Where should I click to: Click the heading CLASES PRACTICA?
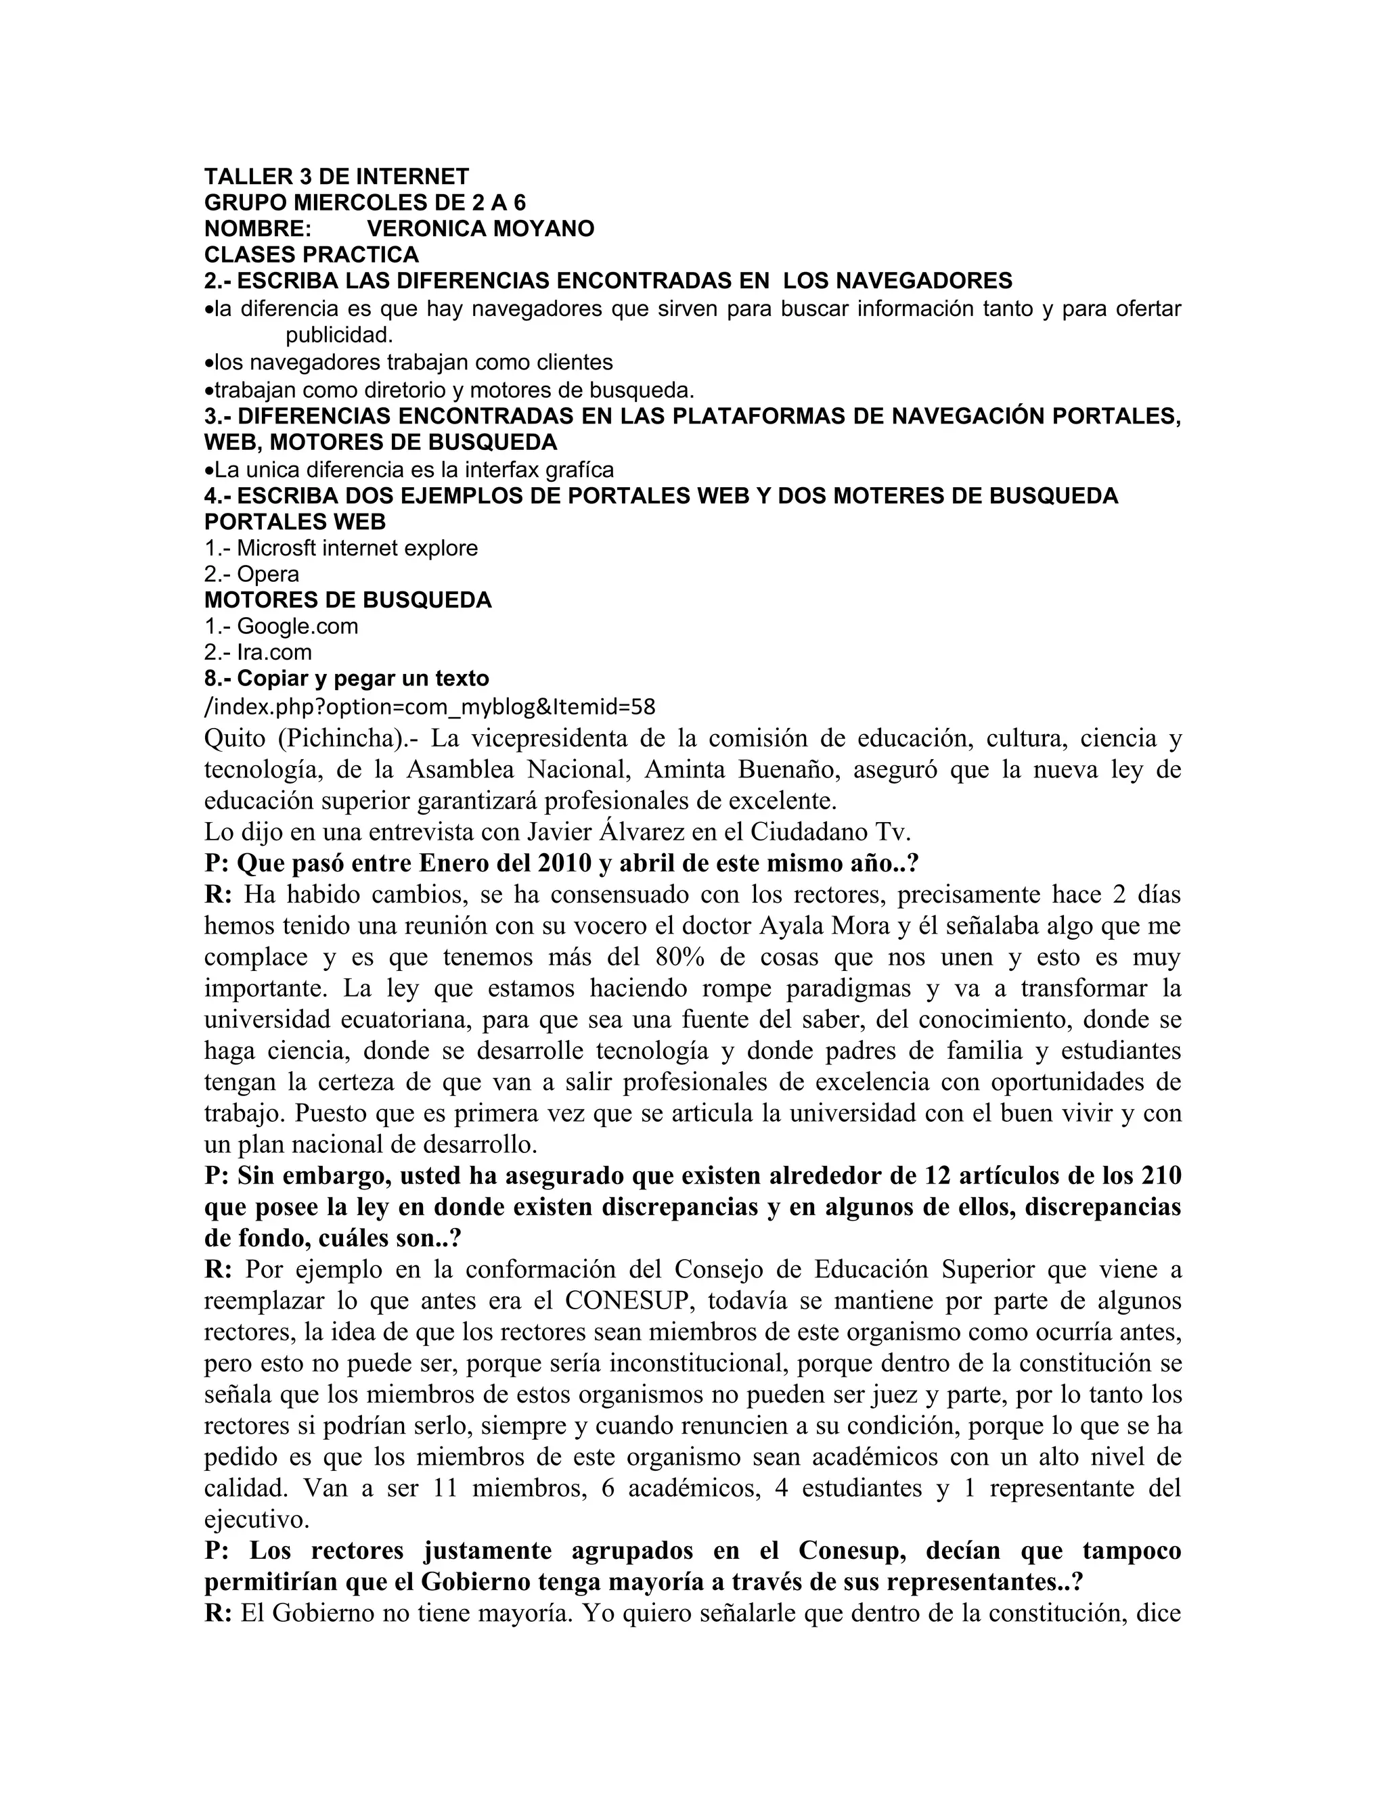point(311,254)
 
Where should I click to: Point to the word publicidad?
point(339,335)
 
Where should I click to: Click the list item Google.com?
point(297,627)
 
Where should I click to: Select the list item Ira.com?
point(274,653)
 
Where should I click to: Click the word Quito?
point(235,739)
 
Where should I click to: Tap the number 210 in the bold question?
point(1160,1176)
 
